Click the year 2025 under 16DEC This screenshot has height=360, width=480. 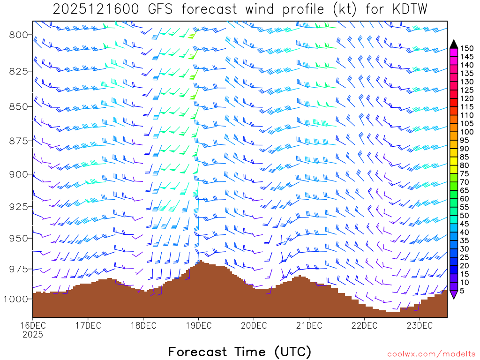click(x=32, y=335)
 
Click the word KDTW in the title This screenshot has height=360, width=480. click(x=404, y=9)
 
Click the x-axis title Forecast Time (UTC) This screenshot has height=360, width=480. click(x=240, y=352)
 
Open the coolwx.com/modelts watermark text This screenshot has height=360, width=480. click(x=431, y=354)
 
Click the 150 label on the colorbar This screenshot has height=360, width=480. click(x=467, y=48)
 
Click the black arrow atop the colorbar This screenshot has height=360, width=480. click(x=454, y=44)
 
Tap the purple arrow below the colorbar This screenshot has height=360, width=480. click(x=454, y=295)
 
